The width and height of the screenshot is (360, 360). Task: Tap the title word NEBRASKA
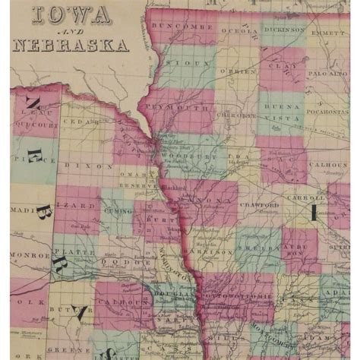(69, 43)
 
